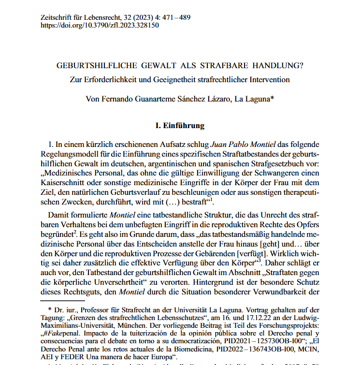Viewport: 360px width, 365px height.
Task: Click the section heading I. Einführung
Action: coord(179,126)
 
